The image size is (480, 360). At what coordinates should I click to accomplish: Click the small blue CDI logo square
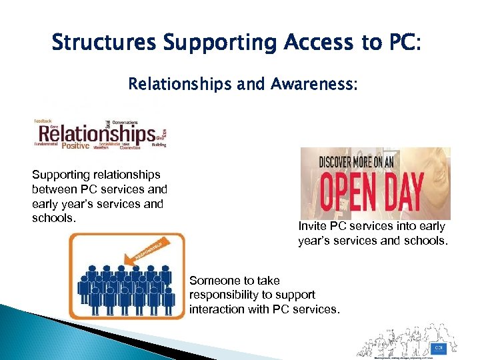438,347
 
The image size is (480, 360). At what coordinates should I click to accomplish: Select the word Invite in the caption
311,227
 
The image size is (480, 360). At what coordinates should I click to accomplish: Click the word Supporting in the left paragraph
59,175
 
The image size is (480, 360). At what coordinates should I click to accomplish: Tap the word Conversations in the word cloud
125,123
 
